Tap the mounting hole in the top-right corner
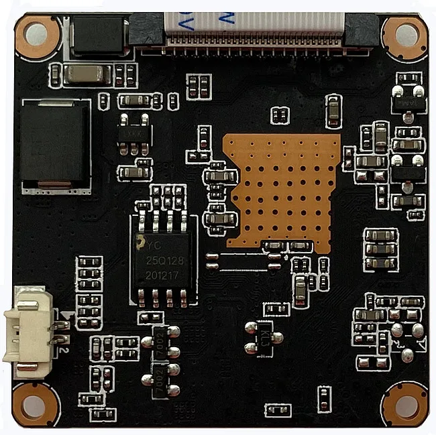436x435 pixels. click(x=406, y=34)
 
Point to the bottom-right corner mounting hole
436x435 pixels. click(x=404, y=404)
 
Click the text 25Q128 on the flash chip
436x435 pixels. click(x=162, y=259)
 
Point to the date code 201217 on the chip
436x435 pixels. click(x=162, y=271)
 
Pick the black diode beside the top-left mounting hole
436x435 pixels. click(x=99, y=36)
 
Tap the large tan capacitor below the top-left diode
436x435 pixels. click(x=86, y=74)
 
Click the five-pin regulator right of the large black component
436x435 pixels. click(x=133, y=135)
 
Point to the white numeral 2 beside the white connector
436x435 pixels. click(x=62, y=348)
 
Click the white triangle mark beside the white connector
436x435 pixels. click(x=66, y=316)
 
